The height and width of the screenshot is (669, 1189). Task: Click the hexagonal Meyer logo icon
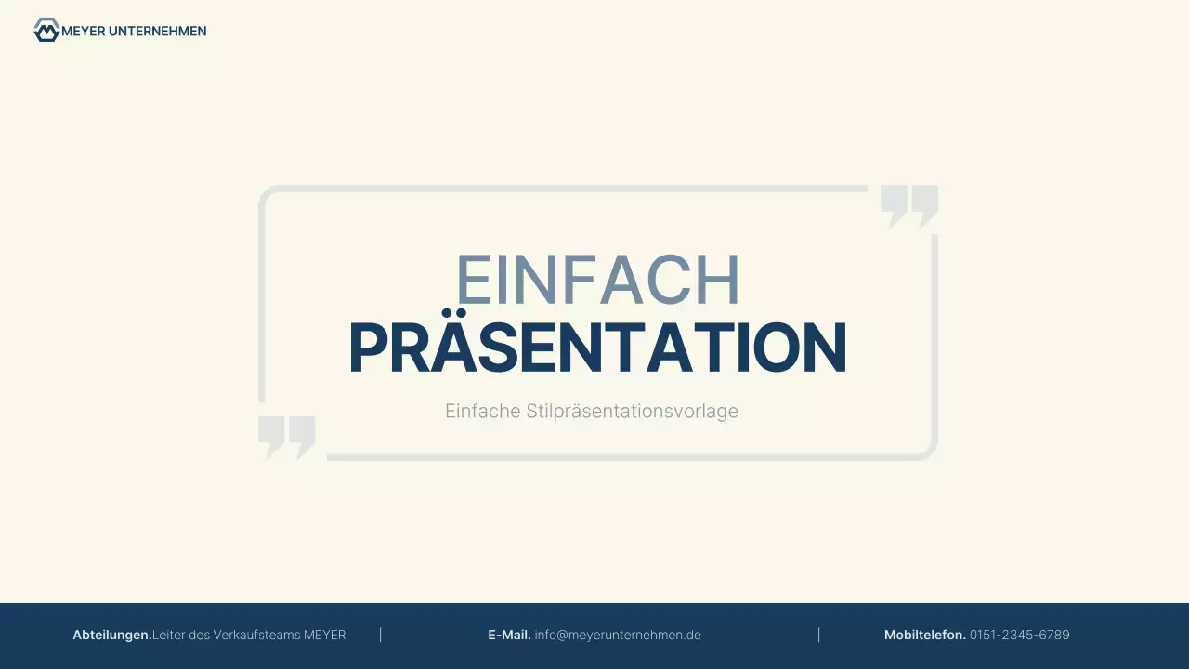[46, 31]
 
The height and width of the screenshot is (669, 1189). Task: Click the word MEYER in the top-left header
[83, 31]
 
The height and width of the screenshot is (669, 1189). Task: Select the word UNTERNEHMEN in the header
[157, 31]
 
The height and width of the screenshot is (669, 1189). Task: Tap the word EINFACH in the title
[597, 281]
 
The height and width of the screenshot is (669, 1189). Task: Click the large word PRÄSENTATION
[597, 348]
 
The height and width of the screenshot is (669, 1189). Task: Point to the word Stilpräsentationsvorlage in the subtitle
[632, 411]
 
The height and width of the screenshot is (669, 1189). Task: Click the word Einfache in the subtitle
[482, 411]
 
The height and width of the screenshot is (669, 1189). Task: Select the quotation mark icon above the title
[908, 206]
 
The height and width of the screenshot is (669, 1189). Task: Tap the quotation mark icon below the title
[286, 437]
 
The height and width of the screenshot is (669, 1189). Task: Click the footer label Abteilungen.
[111, 635]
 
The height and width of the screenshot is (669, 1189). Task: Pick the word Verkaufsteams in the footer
[256, 635]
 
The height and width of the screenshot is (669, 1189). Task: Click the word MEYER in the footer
[325, 635]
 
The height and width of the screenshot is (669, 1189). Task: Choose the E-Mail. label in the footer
[509, 635]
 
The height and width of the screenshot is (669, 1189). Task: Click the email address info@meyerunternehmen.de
[618, 635]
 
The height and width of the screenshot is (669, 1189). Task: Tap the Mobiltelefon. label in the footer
[924, 635]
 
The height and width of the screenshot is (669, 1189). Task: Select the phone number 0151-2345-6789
[1019, 635]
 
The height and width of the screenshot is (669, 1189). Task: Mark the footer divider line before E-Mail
[381, 635]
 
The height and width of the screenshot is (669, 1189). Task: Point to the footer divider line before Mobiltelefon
[818, 635]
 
